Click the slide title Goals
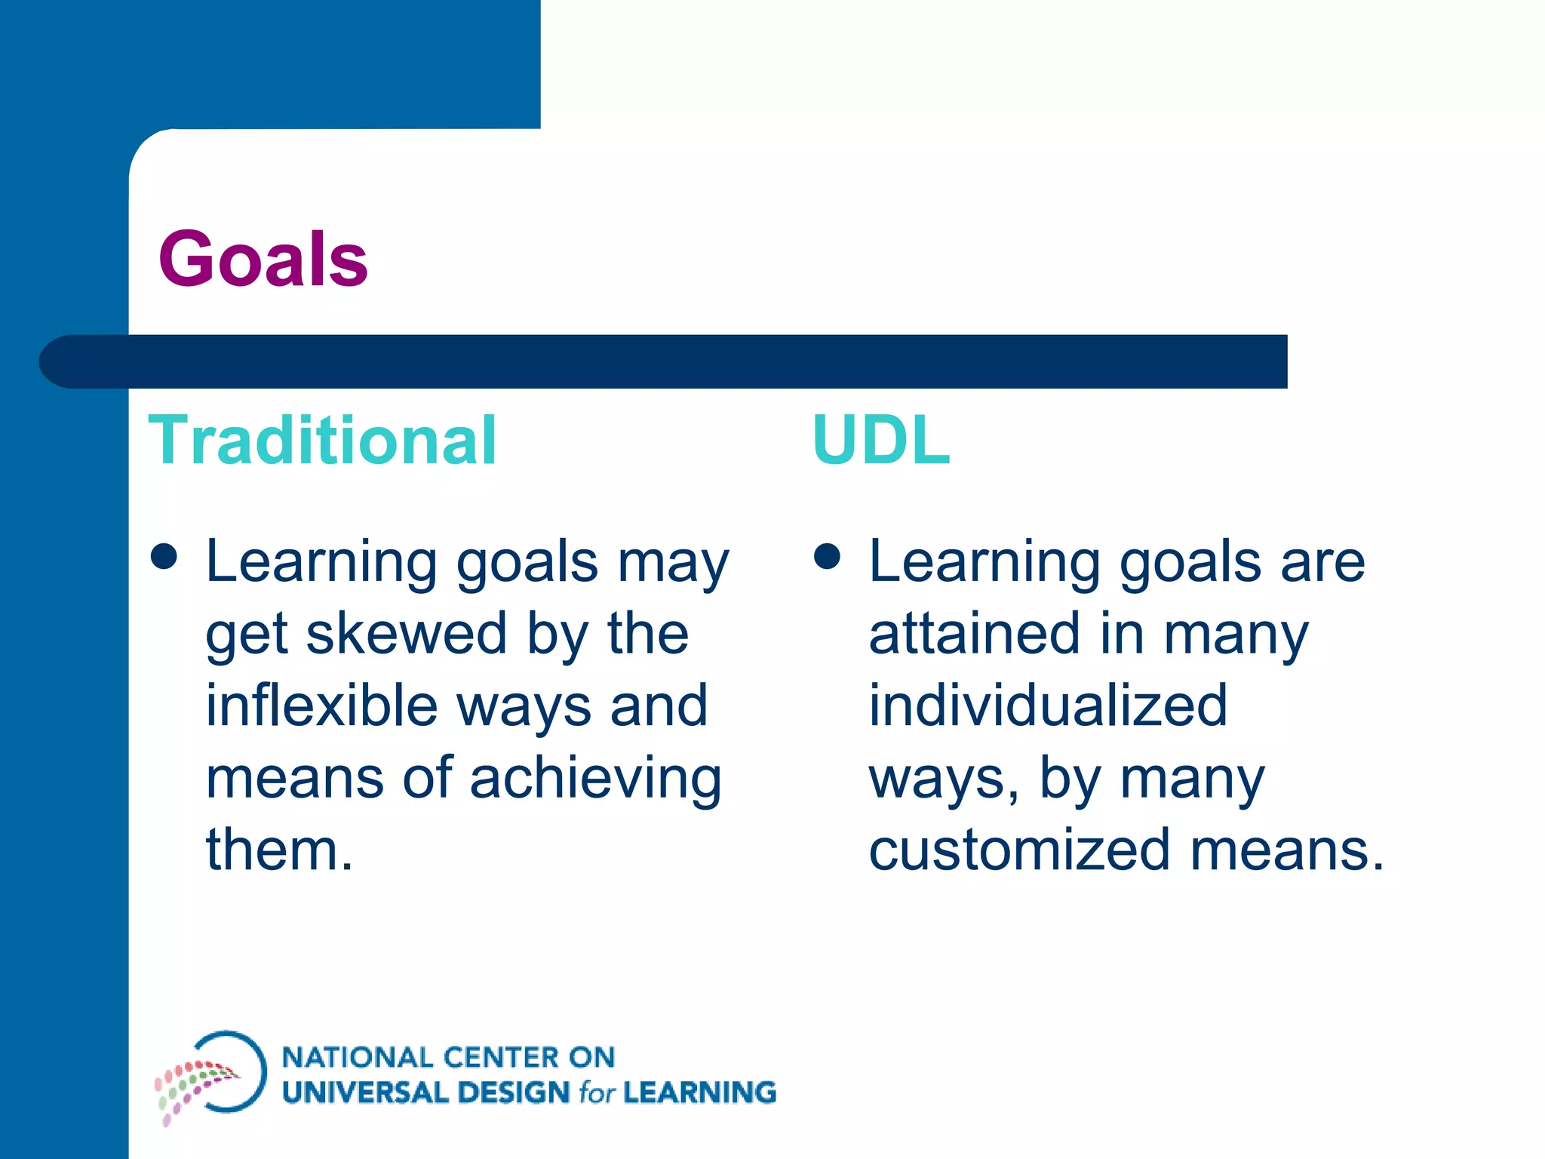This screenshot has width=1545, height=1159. [263, 260]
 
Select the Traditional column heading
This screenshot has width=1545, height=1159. [322, 441]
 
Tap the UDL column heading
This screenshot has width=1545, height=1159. [880, 441]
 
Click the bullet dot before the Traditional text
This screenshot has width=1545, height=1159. [164, 557]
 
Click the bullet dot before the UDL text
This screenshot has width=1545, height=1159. [828, 557]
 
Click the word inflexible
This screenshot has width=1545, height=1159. [321, 706]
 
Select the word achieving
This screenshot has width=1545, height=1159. [596, 779]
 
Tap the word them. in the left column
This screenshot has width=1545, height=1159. [279, 850]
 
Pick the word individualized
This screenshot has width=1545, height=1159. [1049, 706]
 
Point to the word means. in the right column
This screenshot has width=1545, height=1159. [1287, 850]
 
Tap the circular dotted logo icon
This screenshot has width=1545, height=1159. [212, 1074]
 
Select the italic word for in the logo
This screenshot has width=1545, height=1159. [597, 1093]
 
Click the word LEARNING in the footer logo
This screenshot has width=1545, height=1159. [700, 1093]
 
